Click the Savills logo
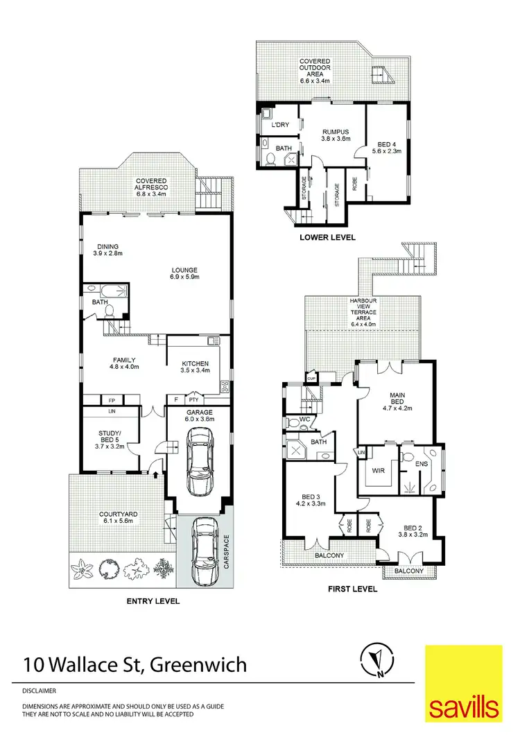(463, 684)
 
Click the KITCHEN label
(195, 367)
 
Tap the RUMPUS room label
(334, 135)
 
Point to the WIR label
(379, 470)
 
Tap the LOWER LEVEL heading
(327, 237)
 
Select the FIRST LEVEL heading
(352, 589)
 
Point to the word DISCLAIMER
(39, 691)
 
